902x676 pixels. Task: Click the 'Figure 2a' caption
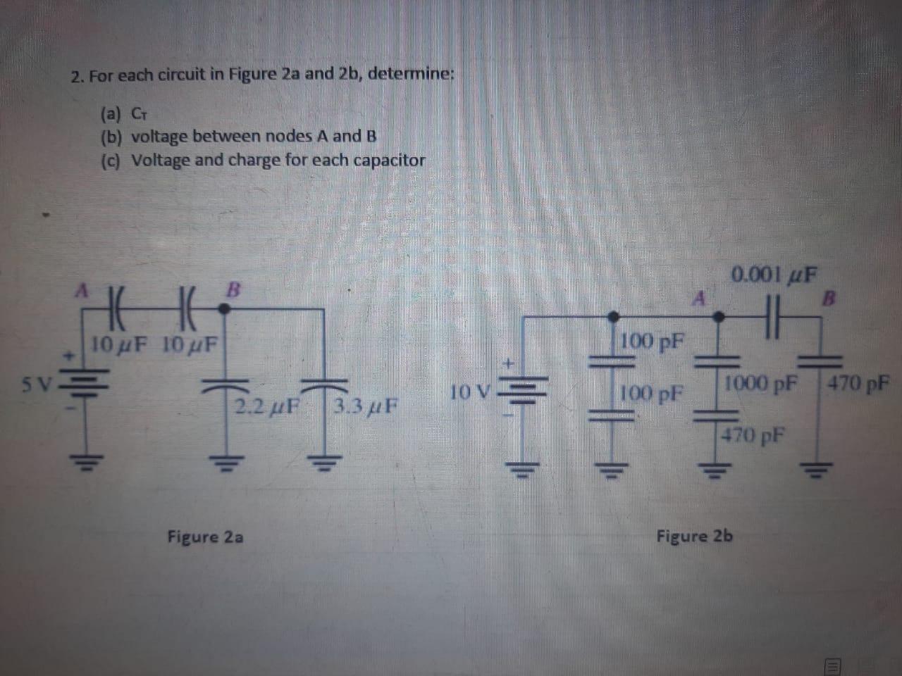pyautogui.click(x=205, y=537)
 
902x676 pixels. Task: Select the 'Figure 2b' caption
pyautogui.click(x=694, y=537)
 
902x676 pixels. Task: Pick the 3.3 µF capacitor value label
pyautogui.click(x=363, y=406)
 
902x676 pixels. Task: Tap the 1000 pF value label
pyautogui.click(x=761, y=384)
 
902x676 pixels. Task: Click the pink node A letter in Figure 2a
pyautogui.click(x=83, y=289)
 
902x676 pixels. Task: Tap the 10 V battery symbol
pyautogui.click(x=522, y=390)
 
